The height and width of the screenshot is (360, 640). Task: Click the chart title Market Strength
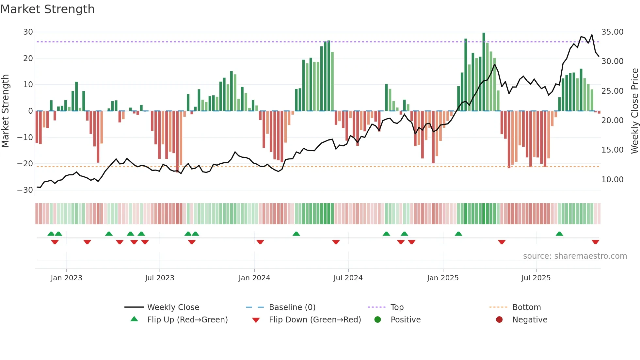click(x=47, y=9)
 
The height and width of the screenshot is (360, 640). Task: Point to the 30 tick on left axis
click(x=28, y=32)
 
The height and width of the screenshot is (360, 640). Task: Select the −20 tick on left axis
click(x=25, y=164)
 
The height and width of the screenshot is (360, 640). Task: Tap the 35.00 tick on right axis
click(x=612, y=32)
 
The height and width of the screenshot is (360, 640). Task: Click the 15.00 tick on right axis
click(x=612, y=150)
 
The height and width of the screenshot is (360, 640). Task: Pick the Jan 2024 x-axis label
click(x=254, y=278)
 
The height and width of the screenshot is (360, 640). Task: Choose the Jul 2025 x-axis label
click(x=536, y=278)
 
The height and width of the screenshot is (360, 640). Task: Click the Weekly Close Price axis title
click(x=634, y=111)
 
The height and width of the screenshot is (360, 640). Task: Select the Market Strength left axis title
click(x=6, y=111)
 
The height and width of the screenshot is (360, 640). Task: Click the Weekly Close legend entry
click(x=173, y=307)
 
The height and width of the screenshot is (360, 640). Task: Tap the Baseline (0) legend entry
click(x=292, y=307)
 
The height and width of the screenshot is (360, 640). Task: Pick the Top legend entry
click(x=397, y=307)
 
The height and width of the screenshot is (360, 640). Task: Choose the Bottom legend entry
click(x=526, y=307)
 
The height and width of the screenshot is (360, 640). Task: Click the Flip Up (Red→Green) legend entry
click(x=187, y=320)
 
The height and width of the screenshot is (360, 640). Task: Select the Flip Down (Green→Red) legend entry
click(x=315, y=320)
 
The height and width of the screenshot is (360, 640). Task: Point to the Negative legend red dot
click(x=499, y=320)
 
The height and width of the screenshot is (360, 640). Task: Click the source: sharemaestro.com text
click(x=575, y=256)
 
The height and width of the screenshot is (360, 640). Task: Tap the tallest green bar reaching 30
click(x=484, y=72)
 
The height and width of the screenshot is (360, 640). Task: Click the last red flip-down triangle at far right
click(x=595, y=242)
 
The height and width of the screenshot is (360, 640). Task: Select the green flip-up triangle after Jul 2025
click(x=559, y=234)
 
